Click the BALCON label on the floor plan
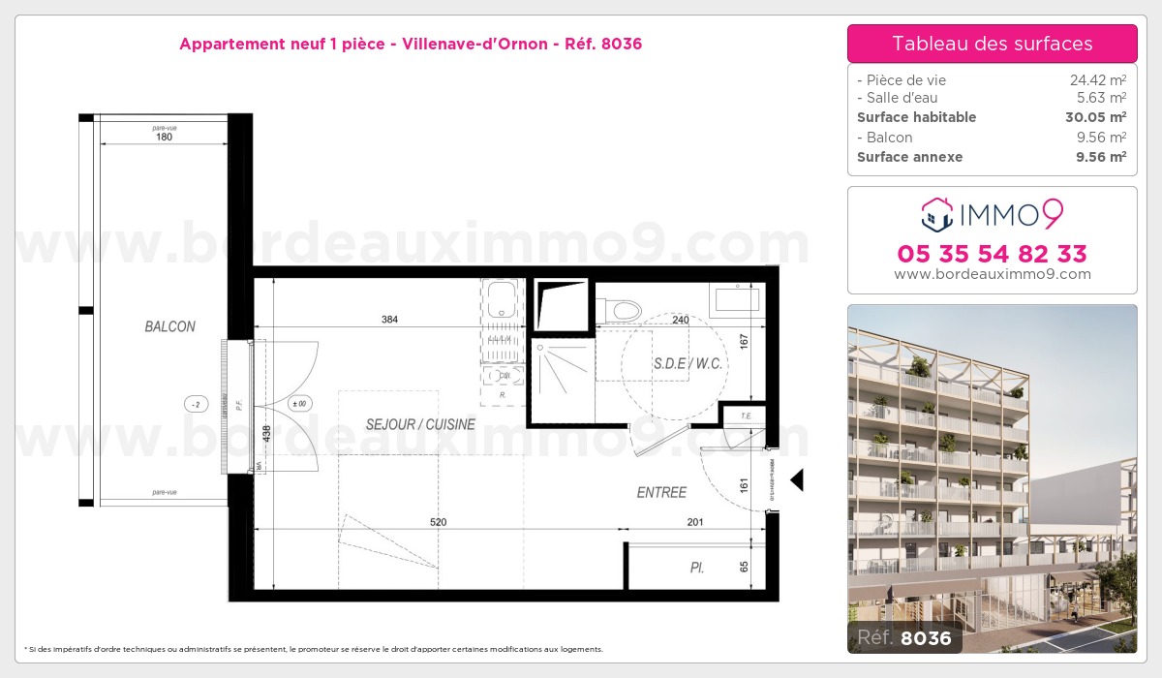pyautogui.click(x=169, y=327)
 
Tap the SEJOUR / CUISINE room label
pyautogui.click(x=420, y=424)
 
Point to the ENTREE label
pyautogui.click(x=661, y=493)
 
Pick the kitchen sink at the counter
pyautogui.click(x=502, y=298)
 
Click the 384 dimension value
pyautogui.click(x=390, y=320)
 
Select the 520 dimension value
pyautogui.click(x=438, y=522)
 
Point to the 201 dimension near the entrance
pyautogui.click(x=695, y=522)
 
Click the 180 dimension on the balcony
pyautogui.click(x=164, y=138)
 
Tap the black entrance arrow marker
pyautogui.click(x=797, y=480)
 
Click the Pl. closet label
pyautogui.click(x=696, y=569)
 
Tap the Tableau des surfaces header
pyautogui.click(x=992, y=44)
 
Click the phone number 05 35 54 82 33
pyautogui.click(x=992, y=254)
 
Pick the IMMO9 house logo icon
pyautogui.click(x=936, y=214)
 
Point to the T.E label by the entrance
pyautogui.click(x=746, y=416)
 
